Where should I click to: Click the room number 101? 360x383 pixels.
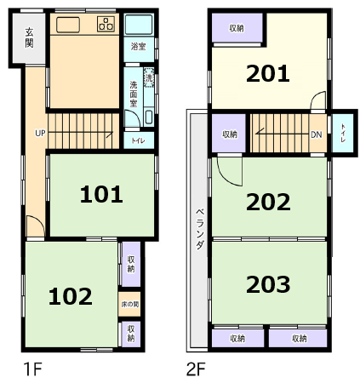[x=101, y=194]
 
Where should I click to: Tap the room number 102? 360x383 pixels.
[x=71, y=296]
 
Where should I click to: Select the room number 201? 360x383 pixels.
[x=268, y=74]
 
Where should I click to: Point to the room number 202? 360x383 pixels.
[x=268, y=202]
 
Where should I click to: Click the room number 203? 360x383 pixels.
[x=268, y=284]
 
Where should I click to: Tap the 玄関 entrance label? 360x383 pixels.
[x=29, y=37]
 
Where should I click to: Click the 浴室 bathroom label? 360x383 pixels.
[x=138, y=47]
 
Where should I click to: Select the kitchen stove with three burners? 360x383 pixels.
[x=106, y=24]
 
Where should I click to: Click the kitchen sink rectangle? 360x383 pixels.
[x=68, y=25]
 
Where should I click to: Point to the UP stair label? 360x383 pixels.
[x=40, y=133]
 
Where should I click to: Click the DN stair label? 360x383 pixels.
[x=317, y=134]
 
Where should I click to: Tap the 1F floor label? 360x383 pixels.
[x=32, y=369]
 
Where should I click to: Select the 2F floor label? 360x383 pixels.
[x=196, y=369]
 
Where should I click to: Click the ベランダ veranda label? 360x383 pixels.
[x=200, y=229]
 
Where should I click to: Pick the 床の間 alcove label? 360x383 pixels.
[x=130, y=305]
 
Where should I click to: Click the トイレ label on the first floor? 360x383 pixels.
[x=138, y=140]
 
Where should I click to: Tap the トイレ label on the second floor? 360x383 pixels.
[x=343, y=133]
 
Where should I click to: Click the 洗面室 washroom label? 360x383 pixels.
[x=134, y=94]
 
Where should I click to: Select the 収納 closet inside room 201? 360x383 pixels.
[x=237, y=28]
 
